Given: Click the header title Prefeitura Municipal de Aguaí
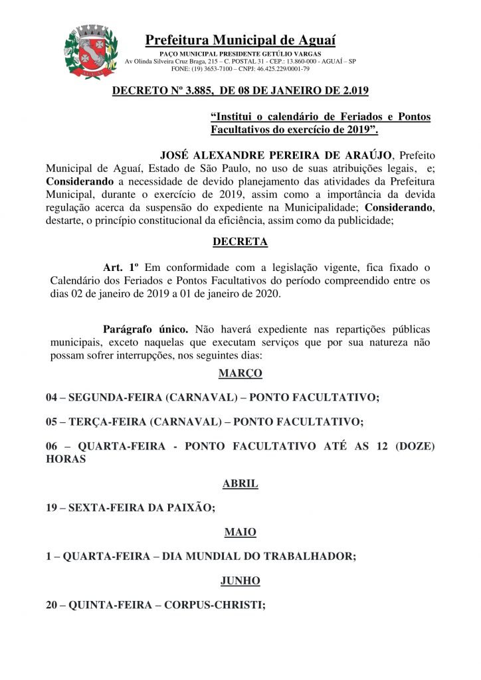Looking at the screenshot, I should click(x=240, y=41).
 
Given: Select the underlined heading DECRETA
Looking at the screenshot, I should click(x=240, y=242).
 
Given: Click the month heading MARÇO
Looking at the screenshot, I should click(x=240, y=373).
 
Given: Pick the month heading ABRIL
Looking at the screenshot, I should click(x=240, y=483).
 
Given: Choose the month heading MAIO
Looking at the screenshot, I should click(x=240, y=532).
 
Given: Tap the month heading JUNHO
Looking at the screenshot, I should click(x=240, y=580).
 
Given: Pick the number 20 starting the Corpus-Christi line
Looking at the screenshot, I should click(x=52, y=605).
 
